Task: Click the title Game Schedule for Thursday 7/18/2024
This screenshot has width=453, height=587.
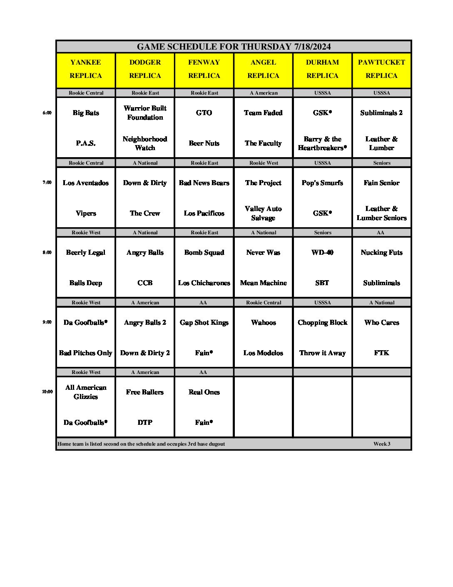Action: pyautogui.click(x=234, y=47)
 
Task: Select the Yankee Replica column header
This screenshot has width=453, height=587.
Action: pyautogui.click(x=86, y=69)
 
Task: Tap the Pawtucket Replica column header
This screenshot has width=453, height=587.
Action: pyautogui.click(x=381, y=69)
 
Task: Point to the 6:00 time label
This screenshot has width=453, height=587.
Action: pyautogui.click(x=47, y=113)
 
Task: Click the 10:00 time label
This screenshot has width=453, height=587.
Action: pyautogui.click(x=47, y=391)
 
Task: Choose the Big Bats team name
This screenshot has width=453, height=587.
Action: pyautogui.click(x=86, y=113)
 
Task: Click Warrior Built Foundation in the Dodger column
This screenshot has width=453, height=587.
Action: pyautogui.click(x=145, y=113)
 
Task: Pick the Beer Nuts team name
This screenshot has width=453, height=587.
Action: pyautogui.click(x=204, y=143)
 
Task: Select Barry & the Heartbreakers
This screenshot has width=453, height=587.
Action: pyautogui.click(x=322, y=143)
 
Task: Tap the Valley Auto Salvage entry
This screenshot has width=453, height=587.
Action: pyautogui.click(x=263, y=213)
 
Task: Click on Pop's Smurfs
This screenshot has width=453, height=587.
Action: pyautogui.click(x=322, y=183)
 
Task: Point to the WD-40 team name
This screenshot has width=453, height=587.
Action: pyautogui.click(x=322, y=252)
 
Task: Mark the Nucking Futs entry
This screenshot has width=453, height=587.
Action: pyautogui.click(x=381, y=252)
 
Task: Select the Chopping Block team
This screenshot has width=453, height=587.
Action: pyautogui.click(x=322, y=322)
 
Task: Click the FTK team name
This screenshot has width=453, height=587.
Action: pyautogui.click(x=381, y=353)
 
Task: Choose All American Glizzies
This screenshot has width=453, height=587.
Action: pyautogui.click(x=86, y=392)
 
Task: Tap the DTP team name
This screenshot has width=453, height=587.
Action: pyautogui.click(x=145, y=422)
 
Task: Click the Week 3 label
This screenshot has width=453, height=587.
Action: pyautogui.click(x=382, y=444)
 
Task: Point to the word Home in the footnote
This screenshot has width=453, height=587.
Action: pyautogui.click(x=64, y=444)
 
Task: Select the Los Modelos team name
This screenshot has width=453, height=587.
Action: pyautogui.click(x=263, y=353)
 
